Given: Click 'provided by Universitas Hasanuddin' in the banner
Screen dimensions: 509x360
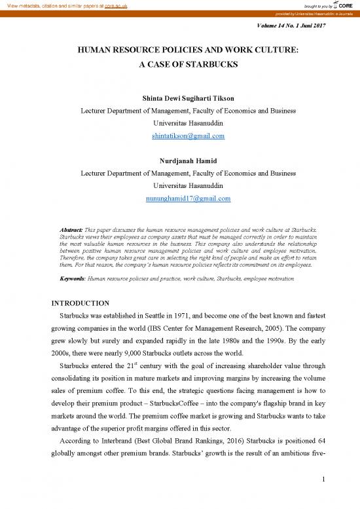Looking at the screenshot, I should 291,14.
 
